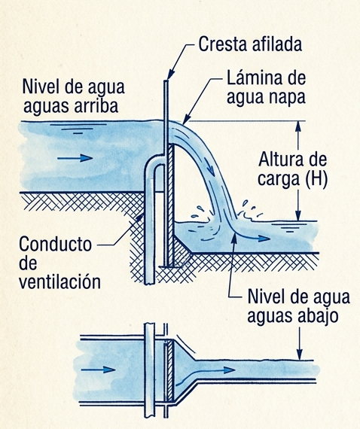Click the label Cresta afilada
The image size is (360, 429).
[250, 44]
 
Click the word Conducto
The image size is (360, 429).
[55, 244]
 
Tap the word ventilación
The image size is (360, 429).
[59, 281]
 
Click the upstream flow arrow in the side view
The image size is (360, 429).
[75, 158]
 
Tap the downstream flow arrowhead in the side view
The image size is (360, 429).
[264, 239]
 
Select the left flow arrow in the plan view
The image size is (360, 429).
[98, 370]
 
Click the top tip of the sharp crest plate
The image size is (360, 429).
[166, 81]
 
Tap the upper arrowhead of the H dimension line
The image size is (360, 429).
[298, 126]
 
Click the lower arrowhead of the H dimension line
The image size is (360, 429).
[298, 215]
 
